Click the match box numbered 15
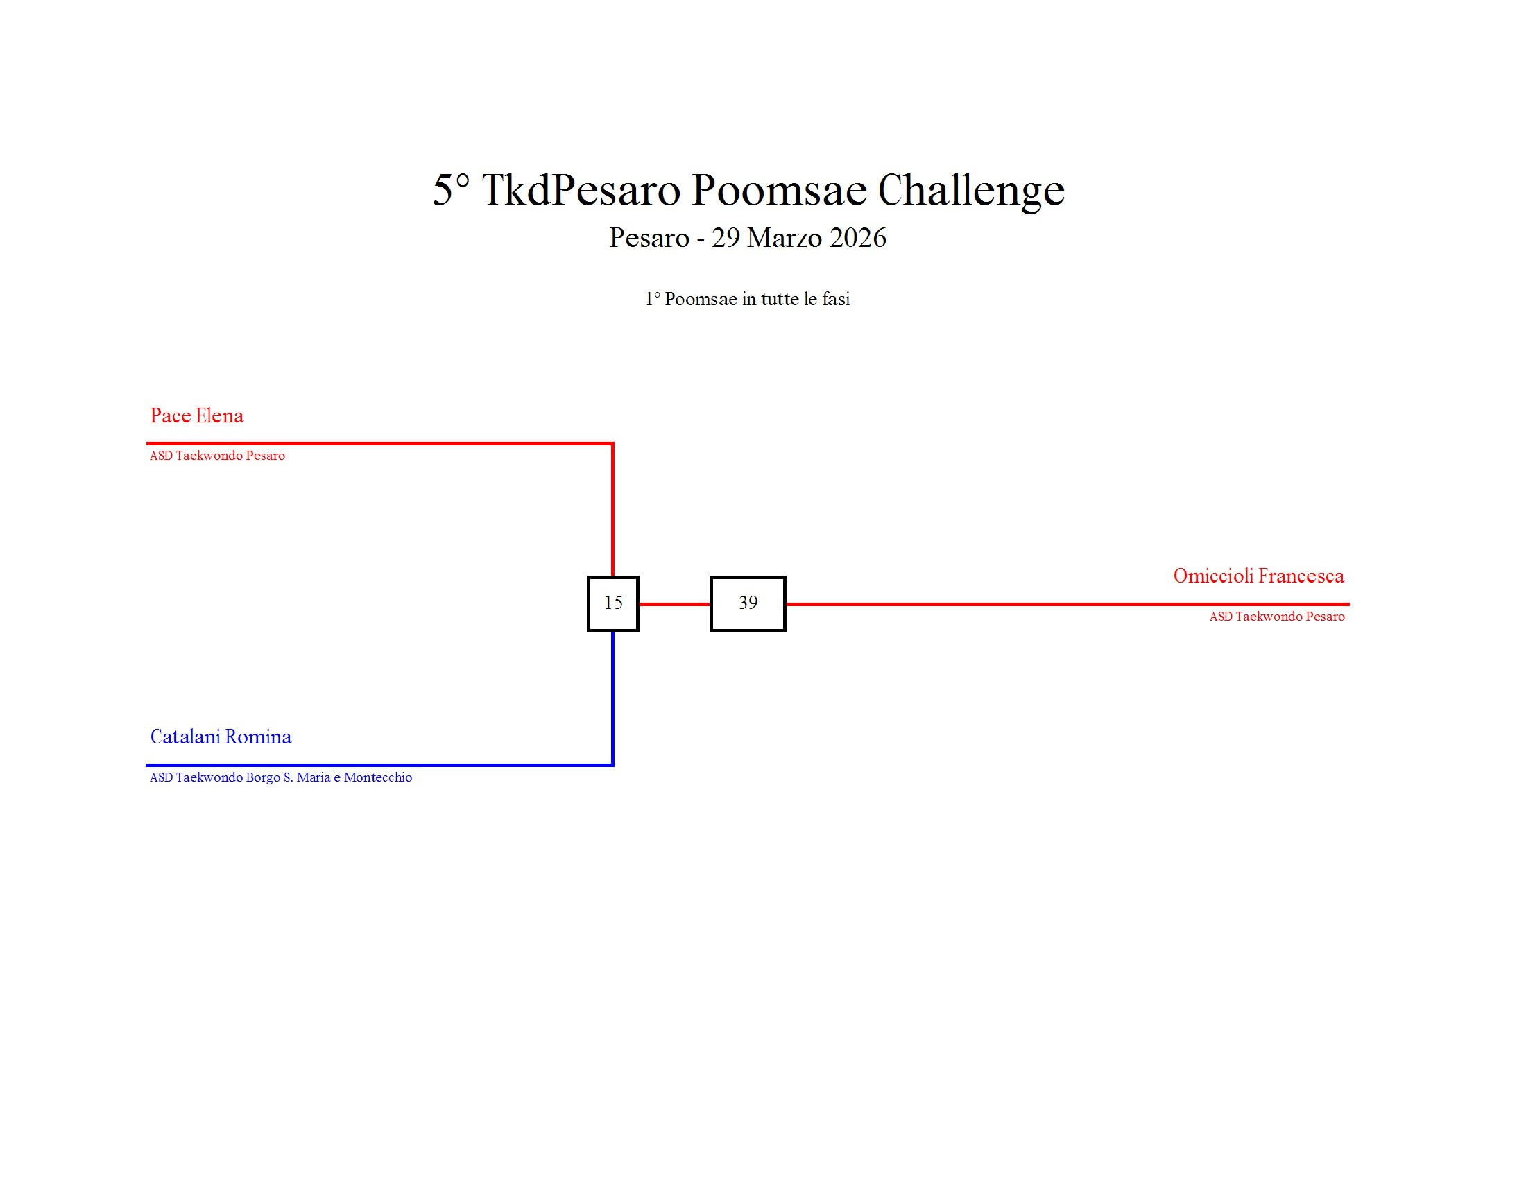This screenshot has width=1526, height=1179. (x=612, y=603)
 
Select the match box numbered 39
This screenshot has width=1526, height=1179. (x=748, y=603)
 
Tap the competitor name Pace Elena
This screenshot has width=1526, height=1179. (x=196, y=415)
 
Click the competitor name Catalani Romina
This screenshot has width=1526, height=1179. (x=221, y=737)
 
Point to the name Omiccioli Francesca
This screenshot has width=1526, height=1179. (x=1258, y=576)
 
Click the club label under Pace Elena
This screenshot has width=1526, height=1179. (x=217, y=456)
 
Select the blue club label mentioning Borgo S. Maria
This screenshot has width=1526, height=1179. (x=280, y=777)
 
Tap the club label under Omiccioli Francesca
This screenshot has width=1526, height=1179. (x=1276, y=617)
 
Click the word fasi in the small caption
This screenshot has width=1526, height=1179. (x=834, y=299)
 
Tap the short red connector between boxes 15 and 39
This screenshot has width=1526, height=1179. (x=674, y=604)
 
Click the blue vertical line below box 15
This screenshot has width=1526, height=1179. (x=612, y=698)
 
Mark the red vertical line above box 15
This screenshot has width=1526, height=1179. (x=612, y=510)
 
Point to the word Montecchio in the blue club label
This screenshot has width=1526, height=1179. (x=377, y=777)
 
